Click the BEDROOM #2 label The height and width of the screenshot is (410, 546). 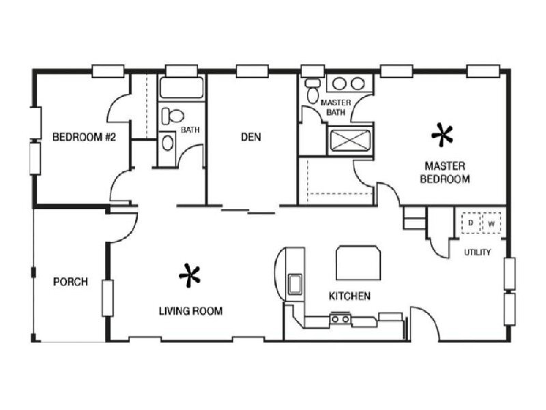[85, 137]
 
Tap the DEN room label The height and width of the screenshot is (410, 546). [250, 137]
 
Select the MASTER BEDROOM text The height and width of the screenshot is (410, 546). [445, 172]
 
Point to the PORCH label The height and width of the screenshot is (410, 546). [70, 281]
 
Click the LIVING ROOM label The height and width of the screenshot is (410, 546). [190, 311]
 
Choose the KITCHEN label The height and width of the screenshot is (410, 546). [349, 296]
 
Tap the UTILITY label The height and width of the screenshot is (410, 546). [477, 252]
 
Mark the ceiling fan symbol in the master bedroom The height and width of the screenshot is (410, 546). [442, 135]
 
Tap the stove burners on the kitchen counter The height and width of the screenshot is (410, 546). [340, 318]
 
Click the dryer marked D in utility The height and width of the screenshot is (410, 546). [471, 223]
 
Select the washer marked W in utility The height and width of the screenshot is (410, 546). [491, 223]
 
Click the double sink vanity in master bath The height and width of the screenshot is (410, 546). [347, 84]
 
